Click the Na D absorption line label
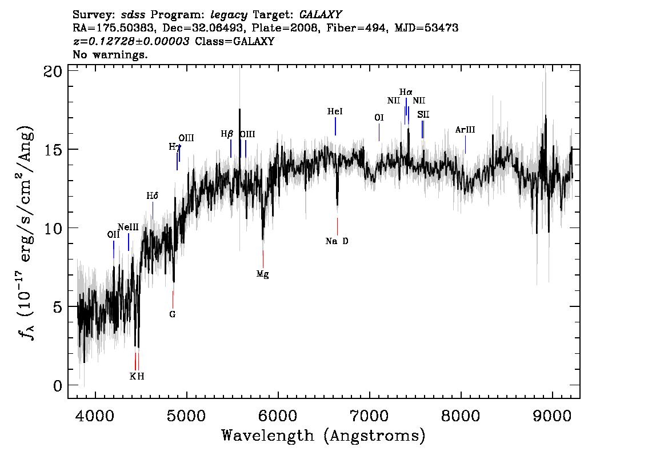coord(337,241)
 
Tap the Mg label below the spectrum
coord(262,274)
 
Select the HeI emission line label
coord(335,111)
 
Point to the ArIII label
coord(465,130)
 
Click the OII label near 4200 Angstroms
coord(113,235)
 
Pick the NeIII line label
coord(128,227)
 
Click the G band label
coord(173,314)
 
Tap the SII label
coord(423,114)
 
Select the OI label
coord(379,118)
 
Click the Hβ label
coord(227,134)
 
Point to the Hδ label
coord(153,195)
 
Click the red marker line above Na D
coord(337,226)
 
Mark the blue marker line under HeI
coord(335,126)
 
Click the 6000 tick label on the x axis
coord(278,416)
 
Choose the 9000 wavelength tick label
coord(551,416)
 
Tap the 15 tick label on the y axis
coord(53,149)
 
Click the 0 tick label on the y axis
coord(58,386)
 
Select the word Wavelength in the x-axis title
coord(268,436)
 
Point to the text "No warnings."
coord(110,54)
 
